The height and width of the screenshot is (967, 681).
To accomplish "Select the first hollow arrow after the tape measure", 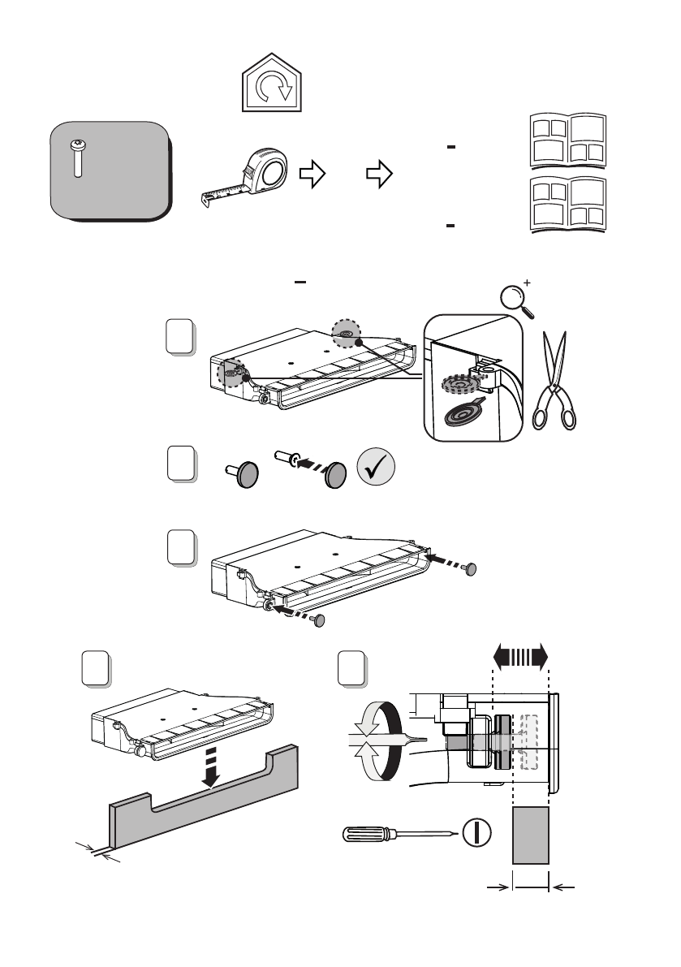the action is click(x=312, y=173).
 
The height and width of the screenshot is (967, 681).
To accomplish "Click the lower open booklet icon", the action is click(x=569, y=204).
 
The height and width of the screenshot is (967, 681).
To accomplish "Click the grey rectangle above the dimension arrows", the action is click(x=532, y=835).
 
